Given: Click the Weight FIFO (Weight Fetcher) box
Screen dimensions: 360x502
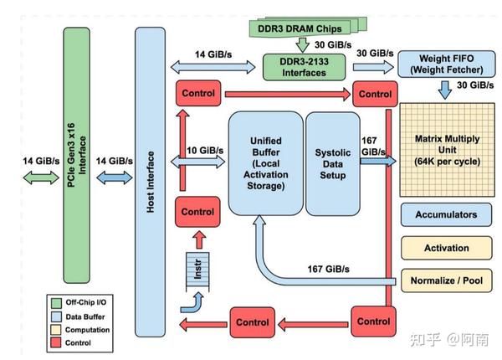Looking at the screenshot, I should coord(444,64).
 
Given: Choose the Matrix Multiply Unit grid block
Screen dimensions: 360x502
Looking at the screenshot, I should coord(445,148).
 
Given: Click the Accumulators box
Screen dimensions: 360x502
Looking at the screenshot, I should coord(446,214).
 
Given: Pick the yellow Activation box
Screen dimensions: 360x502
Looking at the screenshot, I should coord(446,248).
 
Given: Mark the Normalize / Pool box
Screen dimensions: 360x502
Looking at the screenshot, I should coord(446,280).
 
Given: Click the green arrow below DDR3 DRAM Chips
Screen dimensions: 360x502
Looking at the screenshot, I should coord(303,44).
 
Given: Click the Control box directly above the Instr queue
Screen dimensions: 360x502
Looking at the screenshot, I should coord(196,213).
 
